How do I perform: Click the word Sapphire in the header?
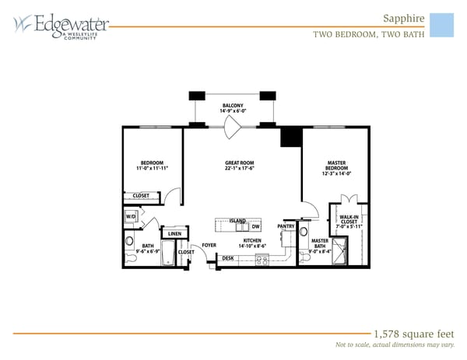click(404, 18)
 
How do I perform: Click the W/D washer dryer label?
click(131, 217)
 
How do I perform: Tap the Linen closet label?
click(174, 233)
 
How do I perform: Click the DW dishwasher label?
click(255, 226)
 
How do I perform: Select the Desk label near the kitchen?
click(228, 258)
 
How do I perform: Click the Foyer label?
click(209, 245)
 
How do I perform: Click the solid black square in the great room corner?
click(291, 136)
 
